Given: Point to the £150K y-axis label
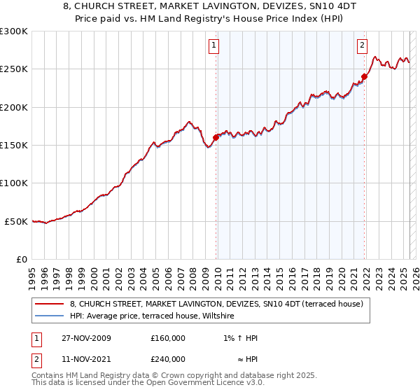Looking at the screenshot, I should pos(14,146).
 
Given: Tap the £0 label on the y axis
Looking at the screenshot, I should pos(22,260).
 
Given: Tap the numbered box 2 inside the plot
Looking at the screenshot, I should pos(362,46).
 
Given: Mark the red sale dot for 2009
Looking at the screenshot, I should pos(216,137).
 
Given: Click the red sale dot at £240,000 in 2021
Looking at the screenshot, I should pos(365,76).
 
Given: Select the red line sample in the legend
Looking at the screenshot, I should pos(49,304).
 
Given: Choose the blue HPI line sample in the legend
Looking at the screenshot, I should pos(49,316).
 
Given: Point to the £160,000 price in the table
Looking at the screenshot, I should pos(168,338).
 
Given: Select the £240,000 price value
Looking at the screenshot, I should pos(168,359).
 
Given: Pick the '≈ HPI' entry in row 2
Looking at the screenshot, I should pos(246,359).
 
